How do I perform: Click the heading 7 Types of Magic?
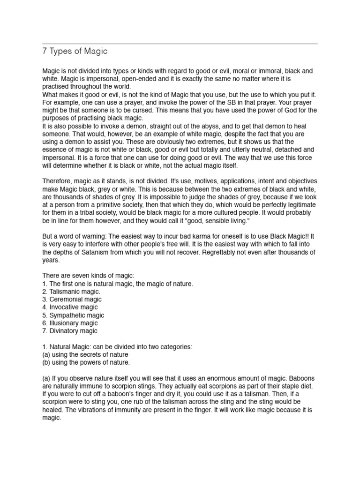(x=75, y=51)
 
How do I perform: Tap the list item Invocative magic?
(x=70, y=307)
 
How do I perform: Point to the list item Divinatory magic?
(x=70, y=331)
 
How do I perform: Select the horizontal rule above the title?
(x=180, y=44)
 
